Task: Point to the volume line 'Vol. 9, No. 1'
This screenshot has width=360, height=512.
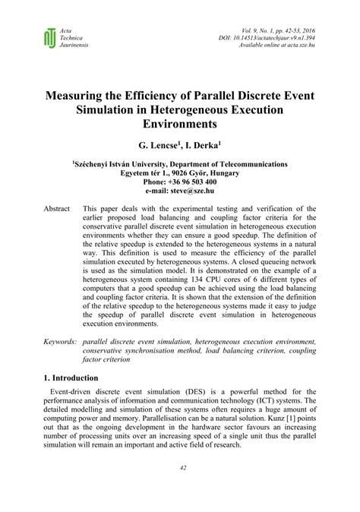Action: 286,28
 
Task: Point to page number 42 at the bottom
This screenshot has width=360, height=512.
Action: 180,488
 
